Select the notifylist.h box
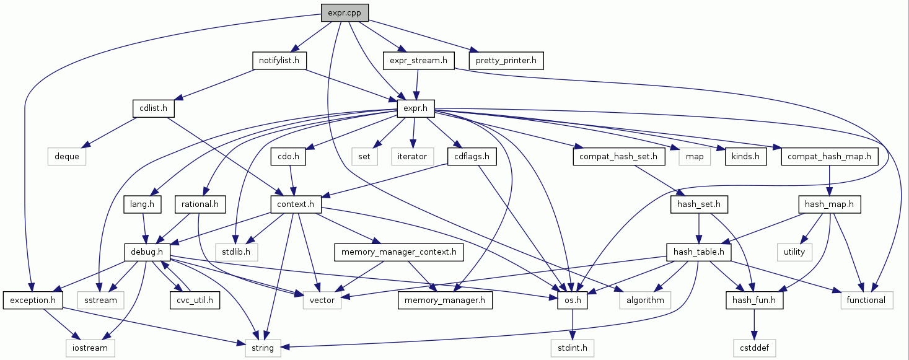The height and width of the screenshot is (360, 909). point(279,61)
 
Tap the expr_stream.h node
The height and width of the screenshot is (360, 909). point(419,61)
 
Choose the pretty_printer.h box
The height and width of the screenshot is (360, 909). point(506,61)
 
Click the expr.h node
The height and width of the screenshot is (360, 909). point(416,109)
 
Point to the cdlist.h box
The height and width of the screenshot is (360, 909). point(153,109)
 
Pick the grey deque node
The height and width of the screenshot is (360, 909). point(66,157)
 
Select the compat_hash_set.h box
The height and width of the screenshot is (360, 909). point(618,157)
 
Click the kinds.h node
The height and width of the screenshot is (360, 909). point(745,157)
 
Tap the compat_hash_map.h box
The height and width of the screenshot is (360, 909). point(829,157)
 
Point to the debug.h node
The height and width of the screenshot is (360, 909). point(147,252)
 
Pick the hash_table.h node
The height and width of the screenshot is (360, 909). point(699,252)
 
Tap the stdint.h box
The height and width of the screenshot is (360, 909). point(573,348)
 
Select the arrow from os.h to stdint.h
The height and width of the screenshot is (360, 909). point(573,324)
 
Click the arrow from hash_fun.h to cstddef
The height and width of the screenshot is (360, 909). point(753,324)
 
